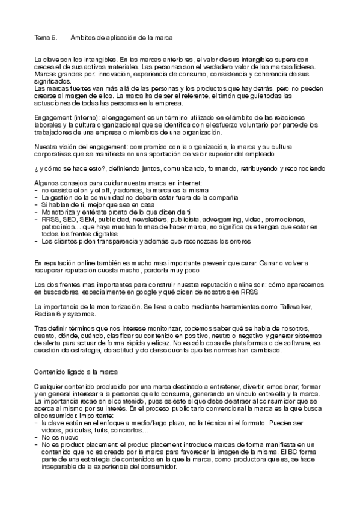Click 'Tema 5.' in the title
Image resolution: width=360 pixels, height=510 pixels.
pos(45,38)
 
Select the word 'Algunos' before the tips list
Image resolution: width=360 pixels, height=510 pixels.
pos(47,183)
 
